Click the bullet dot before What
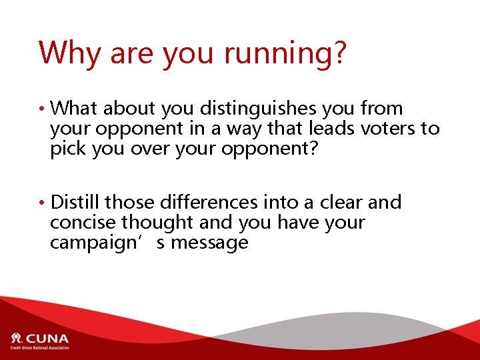click(x=43, y=109)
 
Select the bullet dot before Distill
click(x=43, y=203)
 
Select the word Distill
click(x=75, y=202)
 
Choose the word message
click(x=210, y=243)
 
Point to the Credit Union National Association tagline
click(x=39, y=348)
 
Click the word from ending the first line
click(x=381, y=108)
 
